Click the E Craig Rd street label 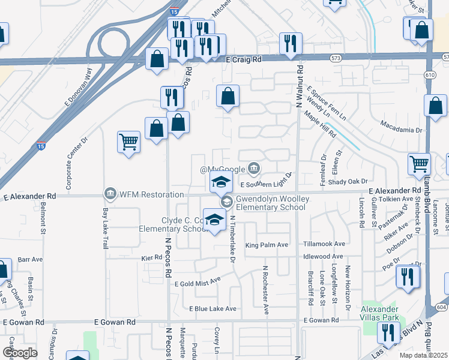click(x=244, y=59)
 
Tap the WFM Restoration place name click(x=151, y=194)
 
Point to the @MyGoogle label click(x=223, y=169)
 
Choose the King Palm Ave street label click(x=267, y=245)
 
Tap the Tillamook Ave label click(x=324, y=244)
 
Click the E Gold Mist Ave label click(x=198, y=280)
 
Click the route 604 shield click(x=442, y=307)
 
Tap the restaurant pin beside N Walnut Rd click(x=291, y=43)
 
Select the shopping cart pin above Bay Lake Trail click(x=129, y=142)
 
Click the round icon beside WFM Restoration click(x=110, y=194)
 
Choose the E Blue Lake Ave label click(x=212, y=308)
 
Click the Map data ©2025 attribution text click(x=423, y=355)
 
